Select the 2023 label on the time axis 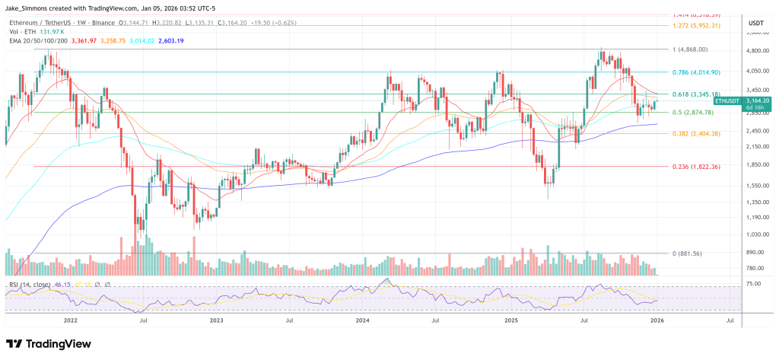tap(217, 321)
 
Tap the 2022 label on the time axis tap(71, 321)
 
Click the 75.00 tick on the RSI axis tap(752, 284)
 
